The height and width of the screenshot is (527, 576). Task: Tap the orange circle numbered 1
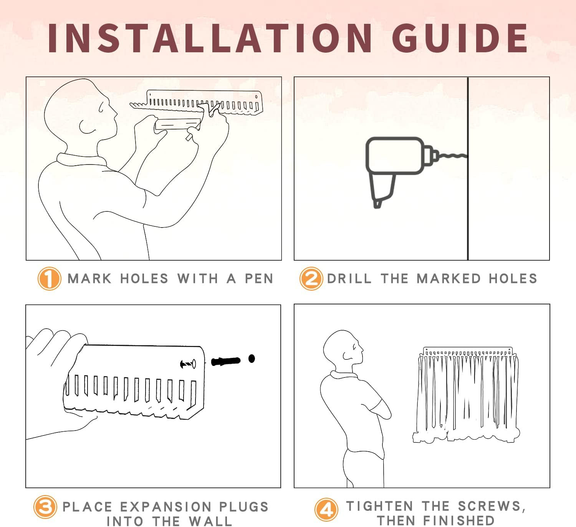[50, 279]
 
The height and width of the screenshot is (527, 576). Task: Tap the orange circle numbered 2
[311, 278]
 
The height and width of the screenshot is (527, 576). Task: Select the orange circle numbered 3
[45, 507]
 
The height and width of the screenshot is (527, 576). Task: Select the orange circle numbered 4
[326, 509]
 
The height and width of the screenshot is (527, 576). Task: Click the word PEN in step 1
[259, 279]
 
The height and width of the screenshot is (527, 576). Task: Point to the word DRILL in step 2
[349, 279]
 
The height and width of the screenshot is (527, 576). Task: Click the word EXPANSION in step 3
[166, 507]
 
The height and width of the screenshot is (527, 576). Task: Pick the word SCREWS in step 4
[491, 506]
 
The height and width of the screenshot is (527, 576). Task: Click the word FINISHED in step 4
[459, 521]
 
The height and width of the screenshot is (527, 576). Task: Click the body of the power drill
[395, 156]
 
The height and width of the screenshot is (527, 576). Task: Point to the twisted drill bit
[452, 156]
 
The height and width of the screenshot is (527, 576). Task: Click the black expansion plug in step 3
[226, 361]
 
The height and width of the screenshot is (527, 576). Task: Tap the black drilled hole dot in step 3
[252, 359]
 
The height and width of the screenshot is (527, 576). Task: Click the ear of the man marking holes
[85, 127]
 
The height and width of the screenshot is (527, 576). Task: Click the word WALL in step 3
[210, 521]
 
